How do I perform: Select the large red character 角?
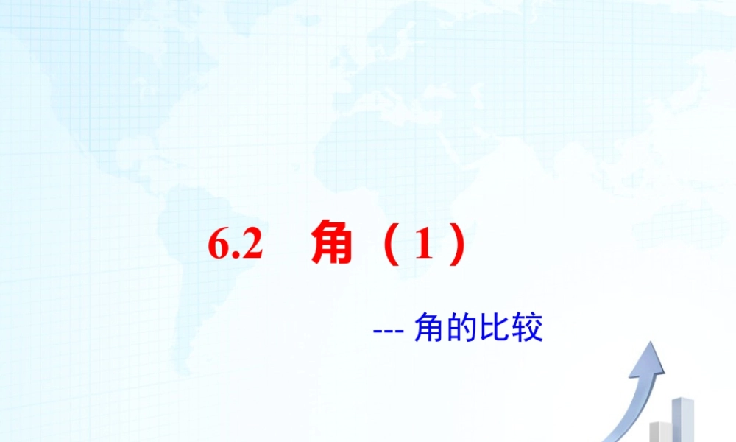(x=331, y=245)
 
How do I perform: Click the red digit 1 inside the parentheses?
(x=422, y=246)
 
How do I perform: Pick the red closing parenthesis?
(x=457, y=247)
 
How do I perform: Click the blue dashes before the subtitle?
(x=386, y=329)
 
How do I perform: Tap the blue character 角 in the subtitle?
(x=428, y=328)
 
